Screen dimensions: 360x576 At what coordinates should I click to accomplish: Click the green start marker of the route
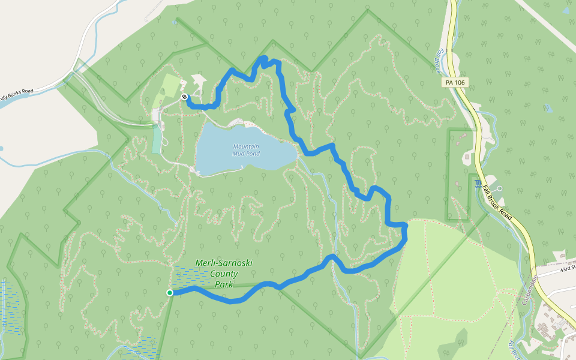(x=170, y=293)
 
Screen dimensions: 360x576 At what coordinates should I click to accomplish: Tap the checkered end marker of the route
(x=184, y=97)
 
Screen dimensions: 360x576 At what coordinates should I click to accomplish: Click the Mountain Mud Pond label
(x=246, y=149)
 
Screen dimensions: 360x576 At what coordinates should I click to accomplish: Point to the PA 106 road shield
(x=455, y=82)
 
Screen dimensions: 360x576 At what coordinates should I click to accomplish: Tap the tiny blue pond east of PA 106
(x=548, y=109)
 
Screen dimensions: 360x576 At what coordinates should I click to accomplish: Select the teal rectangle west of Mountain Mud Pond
(x=157, y=139)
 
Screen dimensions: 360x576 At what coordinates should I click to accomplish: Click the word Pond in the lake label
(x=252, y=153)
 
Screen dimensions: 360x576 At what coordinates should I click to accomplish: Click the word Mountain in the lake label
(x=246, y=146)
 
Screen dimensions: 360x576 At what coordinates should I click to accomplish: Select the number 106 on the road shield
(x=460, y=82)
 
